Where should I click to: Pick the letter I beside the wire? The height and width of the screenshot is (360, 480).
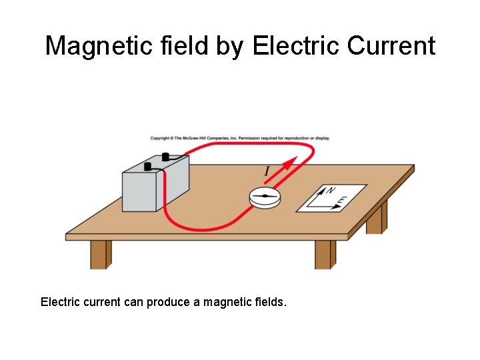point(267,172)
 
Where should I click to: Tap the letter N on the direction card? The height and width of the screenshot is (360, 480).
point(329,191)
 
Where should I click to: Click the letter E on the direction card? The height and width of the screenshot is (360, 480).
point(343,200)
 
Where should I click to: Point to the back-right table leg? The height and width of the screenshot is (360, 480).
point(376,219)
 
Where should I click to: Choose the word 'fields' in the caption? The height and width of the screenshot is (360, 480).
point(267,302)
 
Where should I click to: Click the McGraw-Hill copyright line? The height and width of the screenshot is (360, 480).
point(239,138)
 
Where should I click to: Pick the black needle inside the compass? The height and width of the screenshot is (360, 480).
point(265,195)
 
